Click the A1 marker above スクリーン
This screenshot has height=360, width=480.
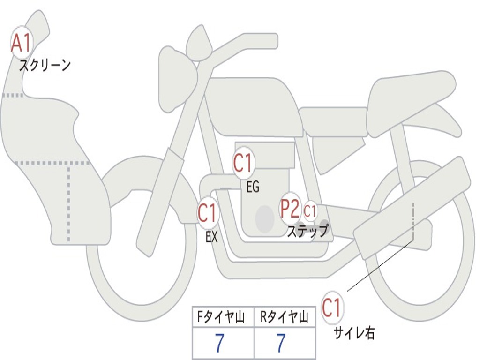(x=21, y=43)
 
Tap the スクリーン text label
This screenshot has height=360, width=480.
(x=45, y=65)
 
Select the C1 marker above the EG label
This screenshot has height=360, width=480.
(x=243, y=164)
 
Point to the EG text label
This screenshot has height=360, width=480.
(x=252, y=187)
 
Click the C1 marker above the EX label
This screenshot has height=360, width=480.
(x=208, y=213)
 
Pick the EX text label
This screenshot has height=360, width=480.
(x=211, y=237)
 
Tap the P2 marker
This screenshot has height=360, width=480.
(x=290, y=209)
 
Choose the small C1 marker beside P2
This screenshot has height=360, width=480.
(x=310, y=211)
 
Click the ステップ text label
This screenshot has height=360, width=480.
(x=307, y=231)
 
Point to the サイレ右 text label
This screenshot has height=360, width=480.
(x=354, y=333)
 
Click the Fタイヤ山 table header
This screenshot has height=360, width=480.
(x=223, y=318)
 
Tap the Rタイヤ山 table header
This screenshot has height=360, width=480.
(x=285, y=318)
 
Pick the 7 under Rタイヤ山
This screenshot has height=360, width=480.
(x=280, y=344)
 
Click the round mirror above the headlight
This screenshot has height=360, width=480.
(x=200, y=43)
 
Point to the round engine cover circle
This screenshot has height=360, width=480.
(x=264, y=218)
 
